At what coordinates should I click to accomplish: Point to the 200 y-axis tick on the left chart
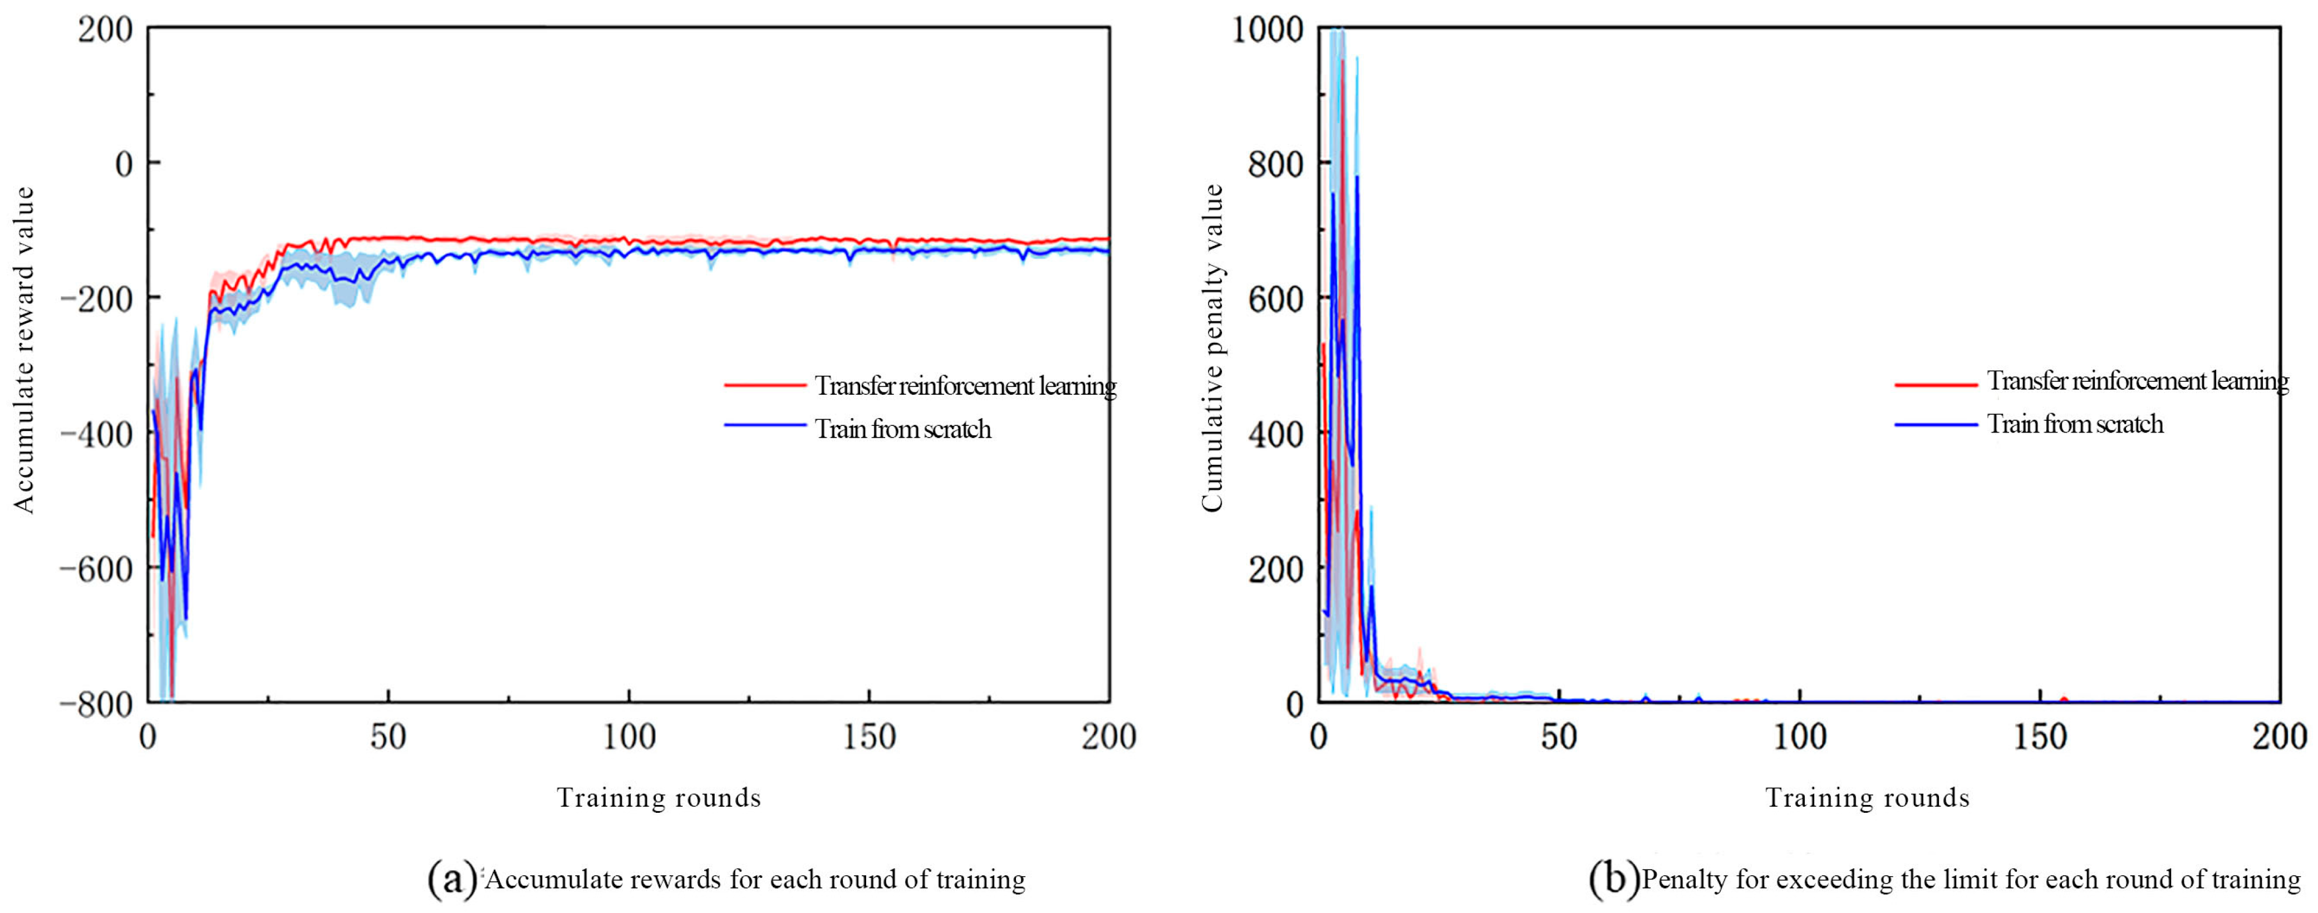pos(105,30)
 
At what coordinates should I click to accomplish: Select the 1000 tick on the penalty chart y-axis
pos(1267,30)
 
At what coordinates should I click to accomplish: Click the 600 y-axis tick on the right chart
pos(1276,298)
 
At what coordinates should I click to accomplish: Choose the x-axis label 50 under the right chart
pos(1559,738)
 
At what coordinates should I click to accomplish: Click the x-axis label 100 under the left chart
pos(628,738)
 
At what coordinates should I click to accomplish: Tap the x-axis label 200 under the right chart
pos(2278,738)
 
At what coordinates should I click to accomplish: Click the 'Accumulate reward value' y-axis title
pos(24,350)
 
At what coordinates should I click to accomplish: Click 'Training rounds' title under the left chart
pos(659,798)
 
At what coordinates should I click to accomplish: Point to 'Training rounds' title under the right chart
pos(1867,798)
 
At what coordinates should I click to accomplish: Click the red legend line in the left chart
pos(765,385)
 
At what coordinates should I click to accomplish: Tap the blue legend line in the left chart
pos(765,425)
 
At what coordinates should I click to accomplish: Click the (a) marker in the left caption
pos(453,879)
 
